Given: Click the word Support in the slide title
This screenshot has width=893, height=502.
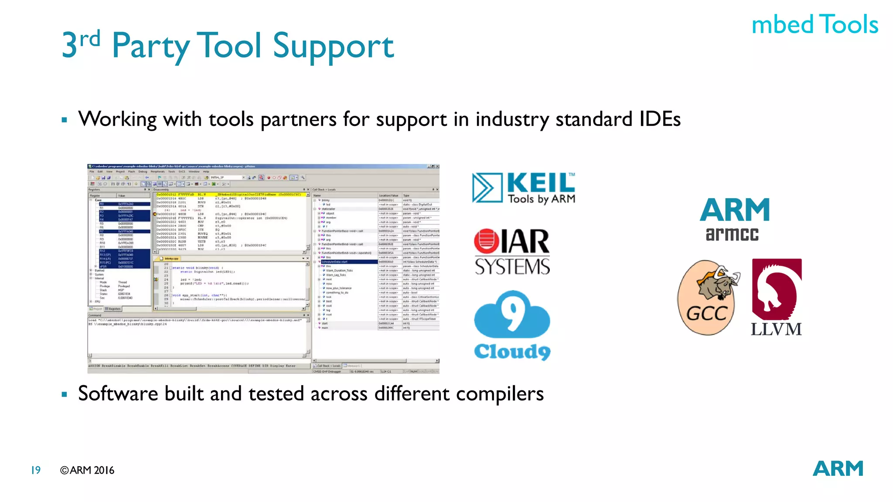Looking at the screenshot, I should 333,46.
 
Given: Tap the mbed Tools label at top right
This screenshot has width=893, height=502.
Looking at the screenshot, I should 815,24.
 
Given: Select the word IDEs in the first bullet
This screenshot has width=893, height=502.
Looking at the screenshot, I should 660,119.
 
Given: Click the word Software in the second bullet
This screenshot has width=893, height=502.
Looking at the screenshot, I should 118,393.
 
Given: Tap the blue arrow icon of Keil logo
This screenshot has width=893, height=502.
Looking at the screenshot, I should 487,188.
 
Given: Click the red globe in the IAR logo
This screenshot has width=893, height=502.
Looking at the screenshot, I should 487,241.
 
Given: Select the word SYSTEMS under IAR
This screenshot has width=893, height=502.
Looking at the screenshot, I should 512,267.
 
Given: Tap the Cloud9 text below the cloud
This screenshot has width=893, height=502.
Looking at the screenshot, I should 512,351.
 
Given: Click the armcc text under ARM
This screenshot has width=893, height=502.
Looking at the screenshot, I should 732,234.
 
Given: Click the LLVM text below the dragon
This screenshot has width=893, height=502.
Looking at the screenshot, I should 776,329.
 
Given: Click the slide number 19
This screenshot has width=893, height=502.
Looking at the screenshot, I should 36,470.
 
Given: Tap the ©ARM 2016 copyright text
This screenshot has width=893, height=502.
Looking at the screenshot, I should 87,470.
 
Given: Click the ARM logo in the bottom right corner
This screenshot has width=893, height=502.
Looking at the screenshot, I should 838,469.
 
